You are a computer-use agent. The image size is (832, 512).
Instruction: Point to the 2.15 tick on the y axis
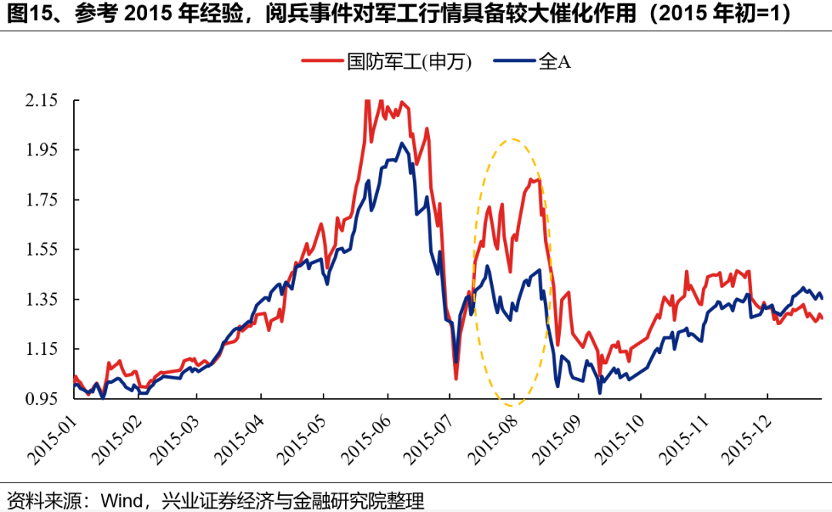tap(42, 100)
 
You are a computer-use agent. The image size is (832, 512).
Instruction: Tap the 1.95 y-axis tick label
tap(42, 149)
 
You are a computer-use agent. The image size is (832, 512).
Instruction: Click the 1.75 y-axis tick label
tap(42, 199)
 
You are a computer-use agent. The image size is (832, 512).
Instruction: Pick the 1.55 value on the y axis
tap(42, 249)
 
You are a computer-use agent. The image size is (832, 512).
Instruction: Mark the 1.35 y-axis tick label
tap(42, 299)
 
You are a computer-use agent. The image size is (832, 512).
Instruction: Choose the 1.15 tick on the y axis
tap(42, 349)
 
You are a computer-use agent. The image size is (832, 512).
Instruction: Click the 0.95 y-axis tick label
tap(42, 399)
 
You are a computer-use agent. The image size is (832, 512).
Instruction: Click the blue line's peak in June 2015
tap(401, 143)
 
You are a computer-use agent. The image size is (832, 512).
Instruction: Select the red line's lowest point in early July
tap(456, 379)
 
